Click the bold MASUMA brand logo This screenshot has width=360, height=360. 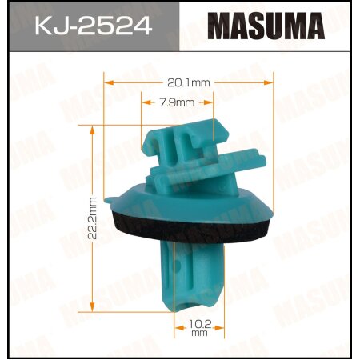(268, 27)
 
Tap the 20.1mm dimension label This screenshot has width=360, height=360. (189, 81)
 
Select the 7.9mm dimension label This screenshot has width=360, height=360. (178, 102)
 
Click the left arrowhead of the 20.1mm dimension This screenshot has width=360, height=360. (108, 81)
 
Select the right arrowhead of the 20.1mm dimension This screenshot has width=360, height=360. (270, 81)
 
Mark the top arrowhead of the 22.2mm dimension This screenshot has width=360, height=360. (94, 127)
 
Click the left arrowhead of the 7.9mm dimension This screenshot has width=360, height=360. (145, 102)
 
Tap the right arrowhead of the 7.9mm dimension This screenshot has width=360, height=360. (210, 102)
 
